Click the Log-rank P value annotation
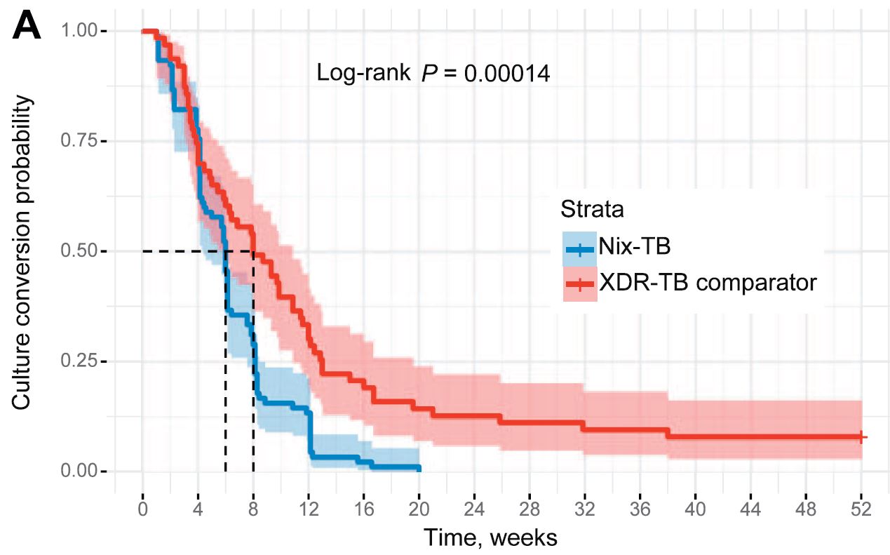(433, 73)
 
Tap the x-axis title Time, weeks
(490, 538)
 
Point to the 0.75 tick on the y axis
(83, 141)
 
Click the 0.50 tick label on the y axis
(83, 251)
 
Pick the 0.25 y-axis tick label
(83, 361)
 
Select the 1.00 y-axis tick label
(83, 32)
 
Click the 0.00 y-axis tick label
(83, 471)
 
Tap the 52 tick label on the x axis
(861, 507)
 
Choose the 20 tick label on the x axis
(419, 507)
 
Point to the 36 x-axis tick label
(640, 507)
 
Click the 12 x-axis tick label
(309, 507)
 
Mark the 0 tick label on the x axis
(142, 507)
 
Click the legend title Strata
(593, 209)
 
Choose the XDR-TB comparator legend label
(708, 283)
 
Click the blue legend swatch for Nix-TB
(579, 248)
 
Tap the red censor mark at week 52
(862, 437)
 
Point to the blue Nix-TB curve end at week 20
(419, 468)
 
